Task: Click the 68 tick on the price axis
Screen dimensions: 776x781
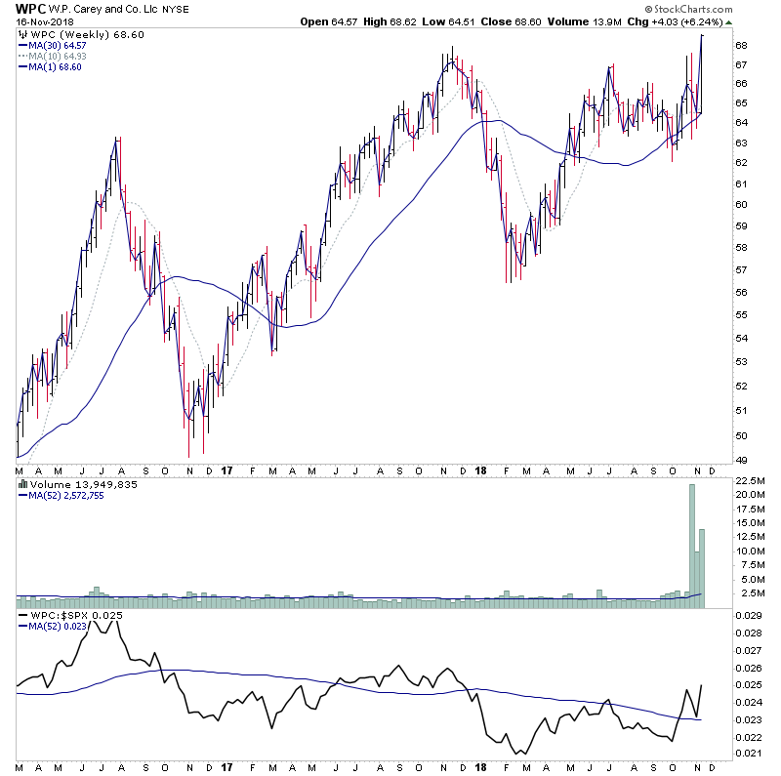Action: [742, 46]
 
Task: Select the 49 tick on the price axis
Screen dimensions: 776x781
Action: [742, 460]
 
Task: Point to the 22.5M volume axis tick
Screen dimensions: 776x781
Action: [749, 480]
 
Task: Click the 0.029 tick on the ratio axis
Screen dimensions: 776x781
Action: [749, 617]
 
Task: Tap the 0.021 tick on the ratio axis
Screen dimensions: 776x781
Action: [749, 753]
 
